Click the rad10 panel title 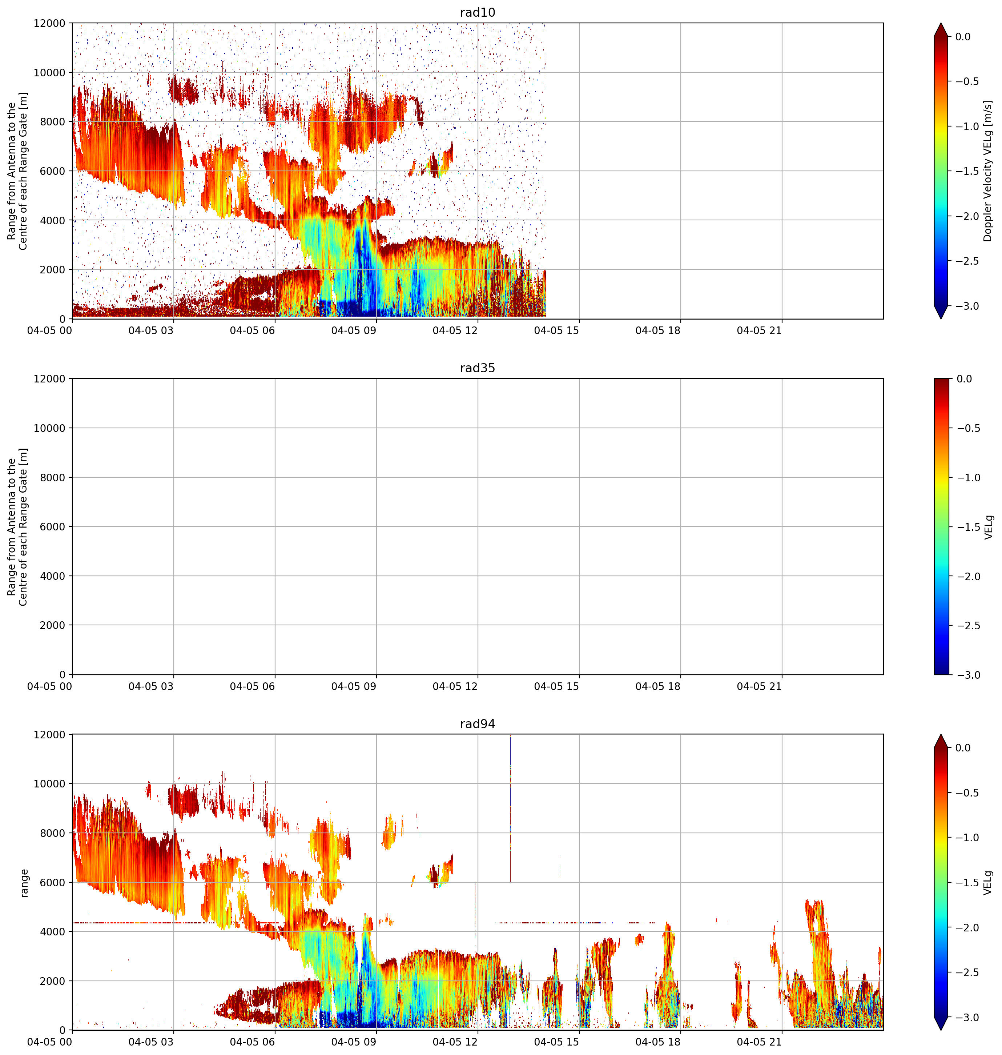click(x=478, y=12)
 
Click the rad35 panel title click(x=478, y=368)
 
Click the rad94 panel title click(x=478, y=724)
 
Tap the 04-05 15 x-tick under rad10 click(x=556, y=331)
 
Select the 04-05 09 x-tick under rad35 click(x=354, y=686)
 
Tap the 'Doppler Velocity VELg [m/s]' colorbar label click(x=987, y=171)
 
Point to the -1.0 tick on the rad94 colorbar click(x=966, y=838)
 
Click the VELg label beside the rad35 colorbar click(x=988, y=527)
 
